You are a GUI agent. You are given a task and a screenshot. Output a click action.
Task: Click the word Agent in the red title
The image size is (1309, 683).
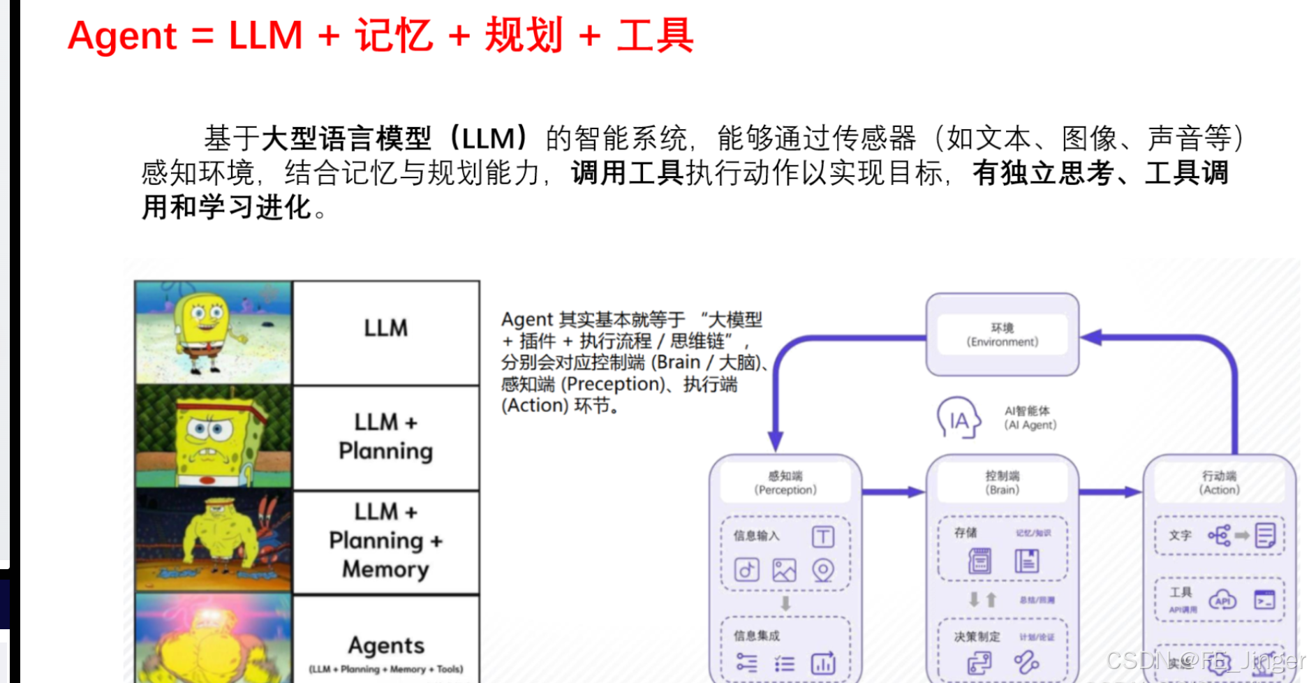[122, 36]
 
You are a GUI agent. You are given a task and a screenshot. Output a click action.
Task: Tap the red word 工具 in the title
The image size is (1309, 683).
[654, 36]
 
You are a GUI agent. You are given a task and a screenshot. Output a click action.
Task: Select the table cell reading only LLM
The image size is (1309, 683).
[385, 328]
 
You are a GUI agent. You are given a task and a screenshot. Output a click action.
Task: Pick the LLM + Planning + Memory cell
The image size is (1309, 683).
[385, 541]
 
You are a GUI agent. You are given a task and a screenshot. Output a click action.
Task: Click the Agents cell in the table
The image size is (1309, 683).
[385, 646]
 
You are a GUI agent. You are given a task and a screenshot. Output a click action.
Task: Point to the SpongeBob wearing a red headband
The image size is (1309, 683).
[214, 437]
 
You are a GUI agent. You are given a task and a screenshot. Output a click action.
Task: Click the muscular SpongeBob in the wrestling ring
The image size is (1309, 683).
[214, 541]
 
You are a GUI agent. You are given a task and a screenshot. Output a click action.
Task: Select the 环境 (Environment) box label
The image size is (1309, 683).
[1002, 335]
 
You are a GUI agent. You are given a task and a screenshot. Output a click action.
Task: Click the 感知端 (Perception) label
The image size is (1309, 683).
[785, 483]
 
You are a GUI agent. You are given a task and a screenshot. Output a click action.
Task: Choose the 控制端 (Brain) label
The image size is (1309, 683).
[1002, 483]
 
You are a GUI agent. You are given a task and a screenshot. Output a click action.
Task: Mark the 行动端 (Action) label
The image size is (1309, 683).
[1219, 483]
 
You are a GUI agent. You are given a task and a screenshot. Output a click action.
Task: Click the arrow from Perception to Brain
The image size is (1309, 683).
[894, 492]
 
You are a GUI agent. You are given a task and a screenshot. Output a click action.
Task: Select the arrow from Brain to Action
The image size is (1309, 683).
[1110, 492]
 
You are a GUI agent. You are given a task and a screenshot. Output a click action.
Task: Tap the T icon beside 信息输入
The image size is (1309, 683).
[823, 536]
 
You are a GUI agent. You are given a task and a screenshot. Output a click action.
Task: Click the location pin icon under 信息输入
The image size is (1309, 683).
[823, 571]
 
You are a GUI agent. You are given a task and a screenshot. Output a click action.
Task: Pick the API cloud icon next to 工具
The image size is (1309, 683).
[1222, 600]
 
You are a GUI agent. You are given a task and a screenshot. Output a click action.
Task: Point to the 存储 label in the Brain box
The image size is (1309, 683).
[966, 533]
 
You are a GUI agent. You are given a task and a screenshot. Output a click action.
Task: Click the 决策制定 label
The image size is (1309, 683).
[977, 637]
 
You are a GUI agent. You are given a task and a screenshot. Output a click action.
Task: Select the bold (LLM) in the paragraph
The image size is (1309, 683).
[488, 138]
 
